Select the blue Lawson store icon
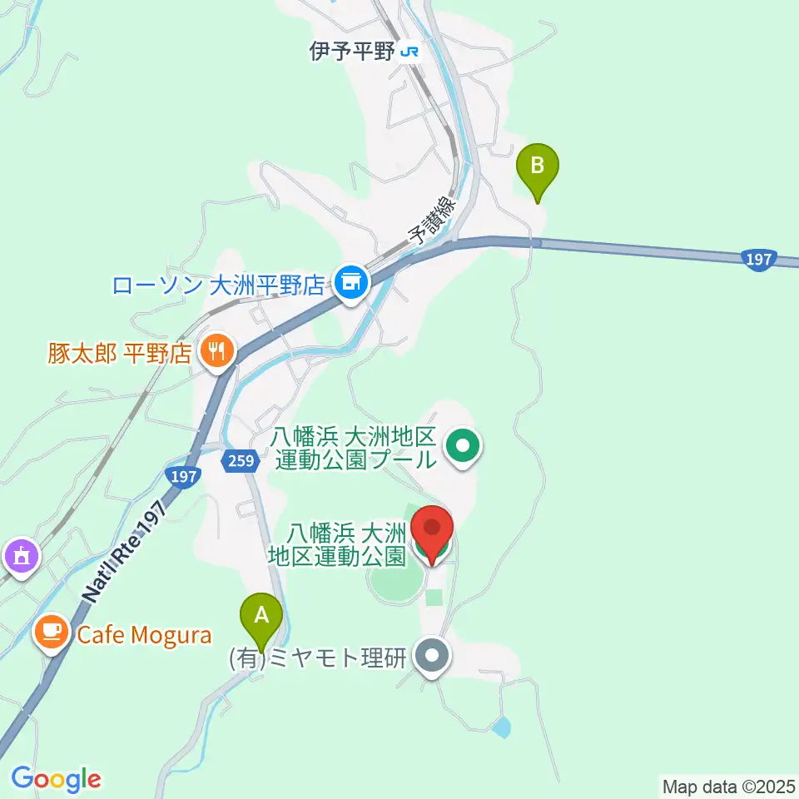351,283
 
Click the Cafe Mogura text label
144,636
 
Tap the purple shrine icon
19,553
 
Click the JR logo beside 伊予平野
409,52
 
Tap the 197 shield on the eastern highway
758,260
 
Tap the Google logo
56,779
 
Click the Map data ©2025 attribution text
727,785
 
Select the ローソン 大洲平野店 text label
218,286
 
